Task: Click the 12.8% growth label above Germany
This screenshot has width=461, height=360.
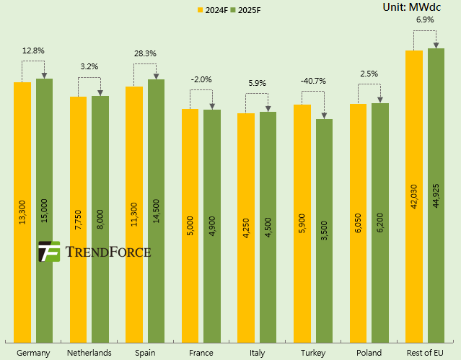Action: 33,51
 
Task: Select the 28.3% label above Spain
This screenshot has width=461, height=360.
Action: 145,53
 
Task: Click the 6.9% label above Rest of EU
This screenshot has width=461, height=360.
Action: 425,20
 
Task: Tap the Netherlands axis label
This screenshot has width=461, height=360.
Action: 89,353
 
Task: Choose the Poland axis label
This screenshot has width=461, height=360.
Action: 369,353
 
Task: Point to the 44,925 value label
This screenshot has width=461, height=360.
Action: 436,194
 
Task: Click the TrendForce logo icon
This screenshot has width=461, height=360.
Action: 48,252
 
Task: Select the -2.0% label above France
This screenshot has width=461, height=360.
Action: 201,80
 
